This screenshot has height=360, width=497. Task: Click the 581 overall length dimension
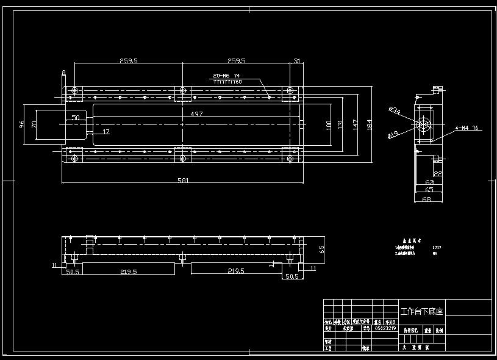pyautogui.click(x=183, y=180)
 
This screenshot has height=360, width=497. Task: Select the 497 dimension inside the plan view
pyautogui.click(x=196, y=114)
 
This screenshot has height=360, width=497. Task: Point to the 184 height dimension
pyautogui.click(x=370, y=124)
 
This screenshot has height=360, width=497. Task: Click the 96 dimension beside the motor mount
pyautogui.click(x=23, y=124)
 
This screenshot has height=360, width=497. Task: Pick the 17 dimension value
pyautogui.click(x=105, y=131)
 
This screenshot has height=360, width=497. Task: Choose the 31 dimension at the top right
pyautogui.click(x=297, y=60)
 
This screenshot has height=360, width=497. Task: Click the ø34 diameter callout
pyautogui.click(x=395, y=110)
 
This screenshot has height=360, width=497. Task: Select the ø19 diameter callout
pyautogui.click(x=393, y=134)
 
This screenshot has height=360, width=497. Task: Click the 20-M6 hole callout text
pyautogui.click(x=226, y=76)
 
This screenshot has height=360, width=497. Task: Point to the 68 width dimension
pyautogui.click(x=426, y=199)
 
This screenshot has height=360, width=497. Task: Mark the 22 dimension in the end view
pyautogui.click(x=438, y=174)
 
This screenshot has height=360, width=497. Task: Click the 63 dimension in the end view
pyautogui.click(x=429, y=182)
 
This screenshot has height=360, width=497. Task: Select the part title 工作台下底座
pyautogui.click(x=421, y=311)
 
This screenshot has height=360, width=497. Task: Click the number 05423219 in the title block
pyautogui.click(x=385, y=328)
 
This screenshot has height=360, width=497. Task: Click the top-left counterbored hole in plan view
pyautogui.click(x=74, y=92)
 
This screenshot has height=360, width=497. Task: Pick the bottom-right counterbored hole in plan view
pyautogui.click(x=291, y=159)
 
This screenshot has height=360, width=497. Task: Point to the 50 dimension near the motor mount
pyautogui.click(x=76, y=117)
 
